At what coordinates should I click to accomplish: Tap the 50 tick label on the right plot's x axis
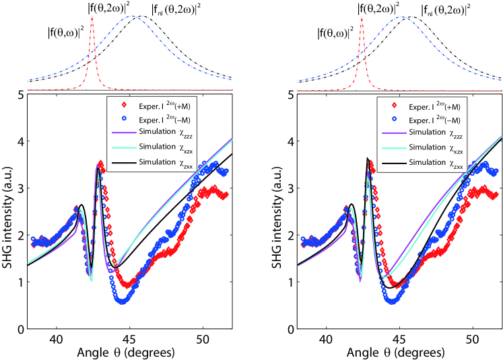pyautogui.click(x=473, y=339)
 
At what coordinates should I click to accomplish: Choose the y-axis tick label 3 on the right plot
pyautogui.click(x=291, y=188)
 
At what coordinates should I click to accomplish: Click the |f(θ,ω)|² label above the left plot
pyautogui.click(x=65, y=32)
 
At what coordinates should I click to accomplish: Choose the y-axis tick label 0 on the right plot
pyautogui.click(x=291, y=329)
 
